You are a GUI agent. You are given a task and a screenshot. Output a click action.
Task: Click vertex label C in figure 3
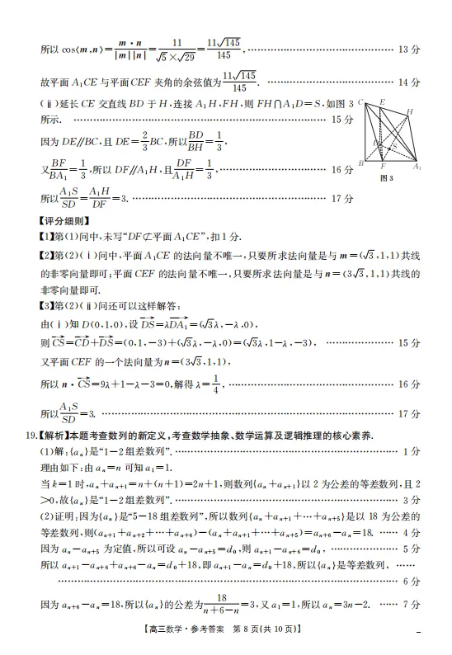(x=362, y=103)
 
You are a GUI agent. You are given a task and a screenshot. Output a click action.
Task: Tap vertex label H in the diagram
(x=410, y=111)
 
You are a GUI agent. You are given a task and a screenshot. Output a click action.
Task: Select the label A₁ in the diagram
(x=418, y=167)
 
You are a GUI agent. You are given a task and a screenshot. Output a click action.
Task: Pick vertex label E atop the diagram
(x=382, y=101)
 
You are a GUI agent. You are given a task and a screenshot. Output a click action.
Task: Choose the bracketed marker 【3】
(x=48, y=306)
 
